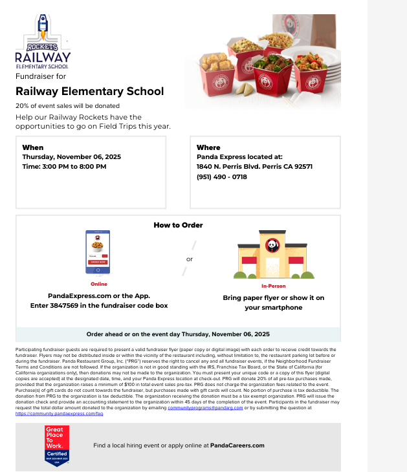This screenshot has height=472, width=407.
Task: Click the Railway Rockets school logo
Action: [43, 42]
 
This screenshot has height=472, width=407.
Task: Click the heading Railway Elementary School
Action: [90, 91]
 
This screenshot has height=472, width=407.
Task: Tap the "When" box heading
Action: [33, 147]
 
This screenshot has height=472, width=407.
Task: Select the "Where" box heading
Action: [208, 147]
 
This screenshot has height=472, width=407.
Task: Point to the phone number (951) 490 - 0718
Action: [222, 177]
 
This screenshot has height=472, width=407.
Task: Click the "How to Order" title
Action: [178, 225]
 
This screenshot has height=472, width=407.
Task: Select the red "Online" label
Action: [99, 284]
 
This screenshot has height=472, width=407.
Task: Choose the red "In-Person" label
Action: [273, 286]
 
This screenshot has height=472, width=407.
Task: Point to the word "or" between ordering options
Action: [190, 259]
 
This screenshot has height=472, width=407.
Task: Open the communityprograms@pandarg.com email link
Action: [205, 408]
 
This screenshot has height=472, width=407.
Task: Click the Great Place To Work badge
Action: [57, 445]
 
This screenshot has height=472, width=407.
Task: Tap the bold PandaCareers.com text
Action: [237, 445]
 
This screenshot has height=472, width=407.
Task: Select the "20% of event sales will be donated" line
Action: [68, 105]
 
